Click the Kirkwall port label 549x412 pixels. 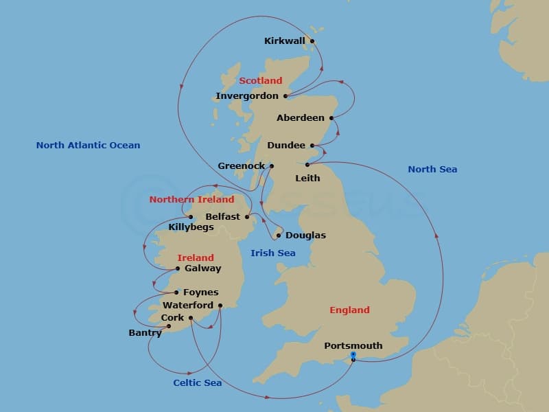tap(284, 41)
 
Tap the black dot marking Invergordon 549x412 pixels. tap(285, 96)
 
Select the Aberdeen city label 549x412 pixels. tap(300, 118)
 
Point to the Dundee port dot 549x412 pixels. tap(312, 146)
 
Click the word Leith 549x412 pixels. tap(307, 178)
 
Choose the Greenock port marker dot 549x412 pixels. tap(272, 166)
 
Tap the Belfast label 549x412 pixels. tap(222, 216)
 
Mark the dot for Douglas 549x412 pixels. tap(278, 236)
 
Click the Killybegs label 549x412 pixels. tap(191, 227)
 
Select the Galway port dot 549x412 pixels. tap(177, 268)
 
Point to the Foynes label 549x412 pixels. tap(200, 293)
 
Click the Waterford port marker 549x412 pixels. tap(220, 306)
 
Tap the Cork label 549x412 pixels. tap(172, 318)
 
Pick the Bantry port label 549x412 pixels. tap(145, 333)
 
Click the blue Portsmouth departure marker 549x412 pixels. tap(353, 355)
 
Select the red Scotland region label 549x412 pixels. tap(260, 80)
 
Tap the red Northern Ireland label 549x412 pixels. tap(191, 199)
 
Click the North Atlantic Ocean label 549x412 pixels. tap(88, 145)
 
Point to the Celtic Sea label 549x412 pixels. tap(197, 382)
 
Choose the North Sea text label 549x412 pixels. tap(432, 169)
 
